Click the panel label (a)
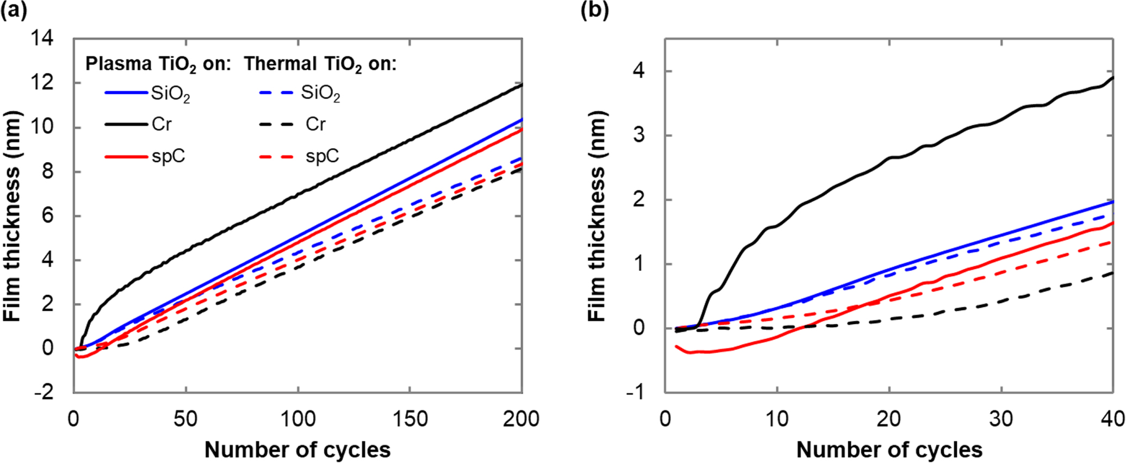coord(13,10)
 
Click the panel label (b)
coord(595,10)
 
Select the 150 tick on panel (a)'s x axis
coord(410,419)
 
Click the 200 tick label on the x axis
coord(521,419)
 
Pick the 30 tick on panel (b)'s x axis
coord(1001,419)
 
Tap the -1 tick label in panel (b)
coord(642,392)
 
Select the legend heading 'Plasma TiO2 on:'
coord(158,64)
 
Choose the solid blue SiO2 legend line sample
coord(126,93)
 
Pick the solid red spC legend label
coord(169,157)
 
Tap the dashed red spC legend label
coord(322,157)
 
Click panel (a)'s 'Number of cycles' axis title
coord(297,450)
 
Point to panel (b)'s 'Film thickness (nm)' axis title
coord(597,216)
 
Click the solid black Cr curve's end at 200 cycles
coord(522,85)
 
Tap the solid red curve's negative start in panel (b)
coord(677,346)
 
